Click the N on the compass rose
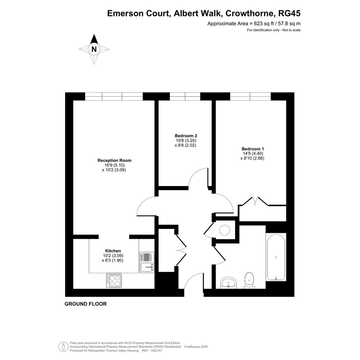94,50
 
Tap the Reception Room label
114,160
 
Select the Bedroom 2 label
186,136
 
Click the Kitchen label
113,251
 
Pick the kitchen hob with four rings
114,281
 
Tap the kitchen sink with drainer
147,262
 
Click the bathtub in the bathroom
276,257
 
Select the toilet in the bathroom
250,280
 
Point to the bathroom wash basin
229,283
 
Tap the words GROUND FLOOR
86,304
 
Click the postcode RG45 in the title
289,14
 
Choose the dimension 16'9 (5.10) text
114,165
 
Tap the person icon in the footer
63,347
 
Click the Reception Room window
114,96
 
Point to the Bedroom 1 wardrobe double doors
255,201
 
